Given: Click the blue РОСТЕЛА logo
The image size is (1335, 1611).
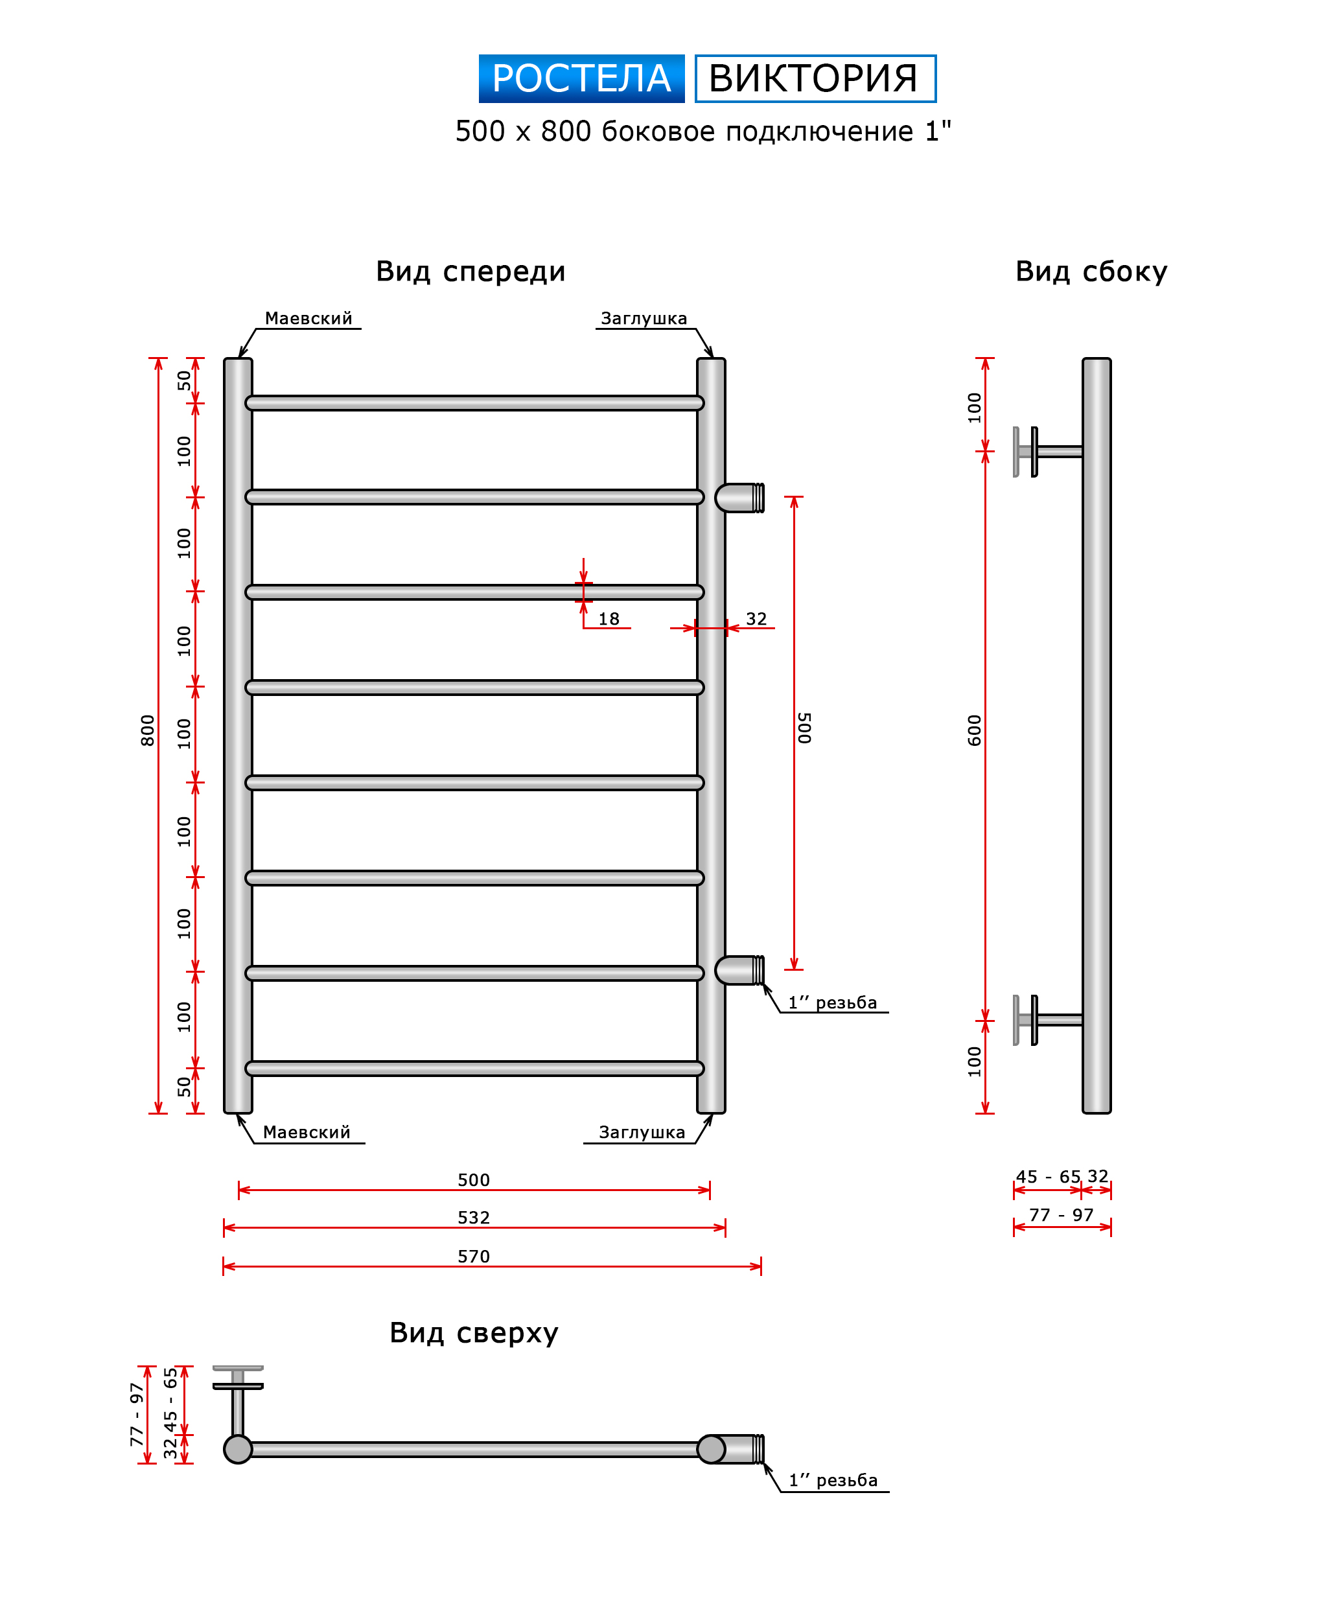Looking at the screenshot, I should [x=581, y=78].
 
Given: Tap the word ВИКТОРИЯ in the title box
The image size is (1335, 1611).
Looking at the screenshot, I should [x=814, y=78].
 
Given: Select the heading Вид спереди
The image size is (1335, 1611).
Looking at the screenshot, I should [x=470, y=272].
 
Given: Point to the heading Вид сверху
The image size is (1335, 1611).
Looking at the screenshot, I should [x=473, y=1332].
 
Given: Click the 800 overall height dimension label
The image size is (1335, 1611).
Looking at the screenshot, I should [x=147, y=730].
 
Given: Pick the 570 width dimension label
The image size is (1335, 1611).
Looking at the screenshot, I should [x=473, y=1256].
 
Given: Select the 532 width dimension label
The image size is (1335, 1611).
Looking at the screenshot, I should [x=473, y=1218].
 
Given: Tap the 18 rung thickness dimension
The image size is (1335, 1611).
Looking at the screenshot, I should [x=609, y=619].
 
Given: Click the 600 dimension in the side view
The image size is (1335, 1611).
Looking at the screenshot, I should [x=975, y=730].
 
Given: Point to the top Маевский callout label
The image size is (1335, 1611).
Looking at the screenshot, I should [x=308, y=318].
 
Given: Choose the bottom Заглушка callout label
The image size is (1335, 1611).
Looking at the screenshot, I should [x=642, y=1132].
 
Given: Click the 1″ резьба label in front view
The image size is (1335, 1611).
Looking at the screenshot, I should [x=833, y=1003].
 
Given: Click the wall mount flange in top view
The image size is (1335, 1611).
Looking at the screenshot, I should [x=238, y=1376].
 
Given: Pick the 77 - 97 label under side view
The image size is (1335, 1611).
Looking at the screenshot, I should [x=1061, y=1215].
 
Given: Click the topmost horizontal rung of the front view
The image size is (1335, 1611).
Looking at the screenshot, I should [x=474, y=404].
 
